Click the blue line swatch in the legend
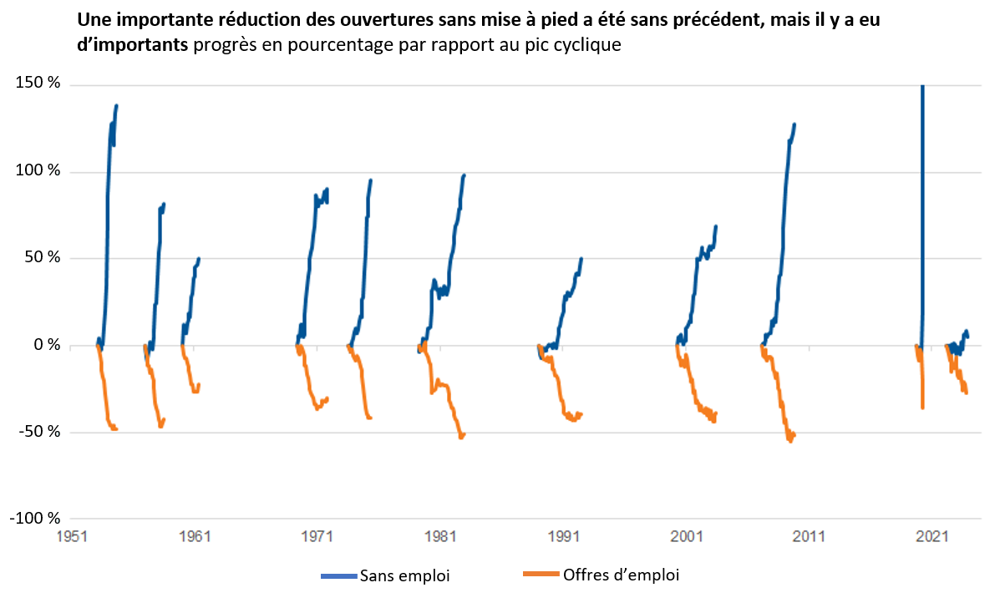(x=339, y=575)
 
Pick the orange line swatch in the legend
(x=540, y=575)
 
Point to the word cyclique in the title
(x=590, y=44)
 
